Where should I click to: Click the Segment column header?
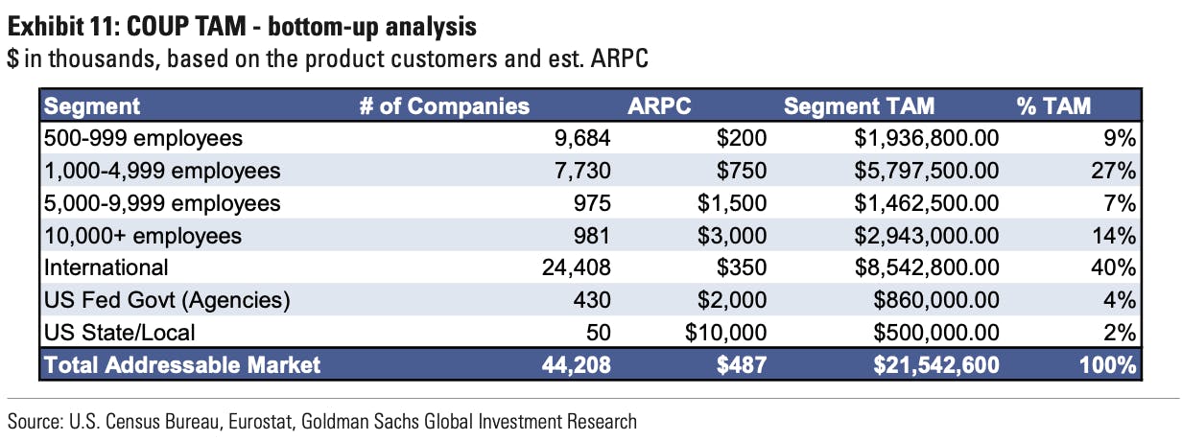click(x=92, y=106)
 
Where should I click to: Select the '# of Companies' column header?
click(x=444, y=106)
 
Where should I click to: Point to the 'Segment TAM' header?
click(x=859, y=106)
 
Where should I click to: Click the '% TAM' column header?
click(x=1054, y=106)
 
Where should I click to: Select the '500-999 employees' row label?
click(x=145, y=138)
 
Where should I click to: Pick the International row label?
click(x=106, y=267)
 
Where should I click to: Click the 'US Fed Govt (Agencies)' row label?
click(x=167, y=300)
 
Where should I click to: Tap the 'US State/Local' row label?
click(x=120, y=333)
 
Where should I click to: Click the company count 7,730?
click(x=583, y=171)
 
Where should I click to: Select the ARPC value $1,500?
click(x=733, y=203)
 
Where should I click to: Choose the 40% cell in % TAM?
click(x=1117, y=267)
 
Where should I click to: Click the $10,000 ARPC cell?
click(x=726, y=333)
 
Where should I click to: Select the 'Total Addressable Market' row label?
click(x=182, y=365)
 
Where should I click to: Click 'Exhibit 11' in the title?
click(x=59, y=22)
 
